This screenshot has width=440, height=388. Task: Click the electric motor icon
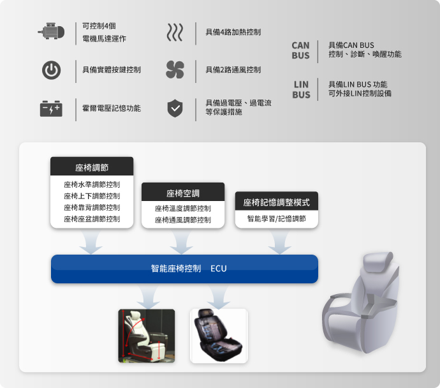pos(52,31)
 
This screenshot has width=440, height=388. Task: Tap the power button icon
pos(52,70)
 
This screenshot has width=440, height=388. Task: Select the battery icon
pos(51,108)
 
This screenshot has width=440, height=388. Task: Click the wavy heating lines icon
pos(175,33)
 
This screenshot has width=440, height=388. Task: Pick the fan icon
pos(175,70)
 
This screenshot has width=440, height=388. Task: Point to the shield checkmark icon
pos(175,108)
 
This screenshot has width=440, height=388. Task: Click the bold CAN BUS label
pos(300,50)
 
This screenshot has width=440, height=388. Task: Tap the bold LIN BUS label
pos(301,89)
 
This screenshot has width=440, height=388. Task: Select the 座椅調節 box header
pos(92,167)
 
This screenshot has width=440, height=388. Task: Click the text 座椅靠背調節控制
pos(92,207)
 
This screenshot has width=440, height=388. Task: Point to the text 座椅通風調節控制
pos(183,220)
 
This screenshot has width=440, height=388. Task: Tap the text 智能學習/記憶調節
pos(276,219)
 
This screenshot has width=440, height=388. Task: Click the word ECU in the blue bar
pos(219,269)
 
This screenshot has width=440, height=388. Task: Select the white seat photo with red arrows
pos(147,336)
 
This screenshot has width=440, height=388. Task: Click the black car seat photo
pos(219,336)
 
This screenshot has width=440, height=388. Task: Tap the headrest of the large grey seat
pos(378,262)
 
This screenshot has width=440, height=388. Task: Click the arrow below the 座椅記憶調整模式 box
pos(279,242)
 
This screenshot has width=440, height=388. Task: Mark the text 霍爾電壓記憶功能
pos(112,108)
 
